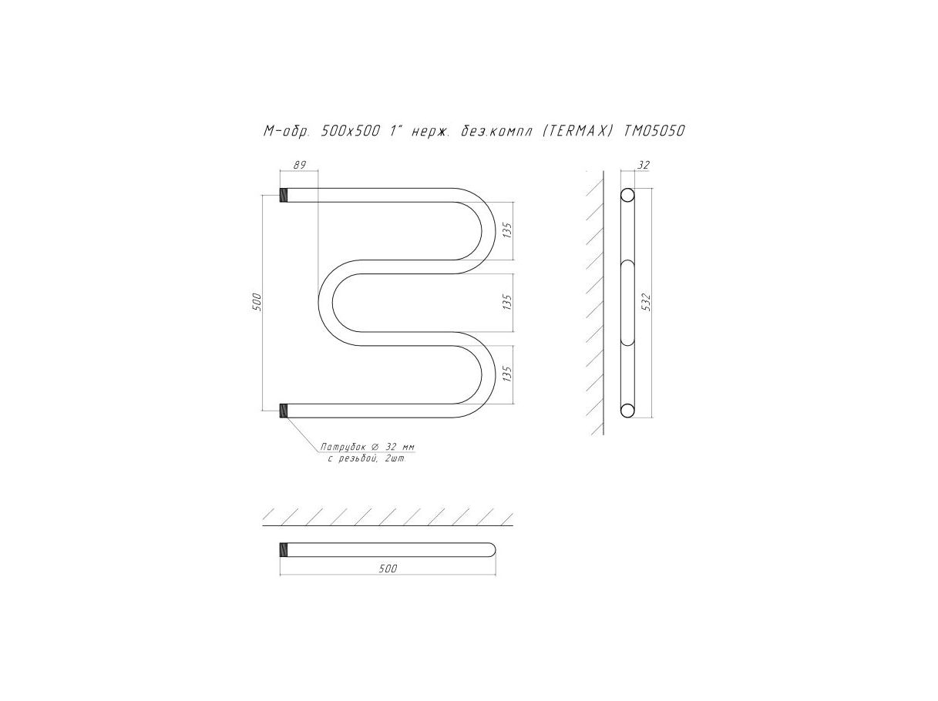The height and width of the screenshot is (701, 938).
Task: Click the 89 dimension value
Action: pyautogui.click(x=300, y=165)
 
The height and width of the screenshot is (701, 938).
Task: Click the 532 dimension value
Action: pyautogui.click(x=647, y=302)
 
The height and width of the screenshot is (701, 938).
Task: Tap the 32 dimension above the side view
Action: pyautogui.click(x=643, y=165)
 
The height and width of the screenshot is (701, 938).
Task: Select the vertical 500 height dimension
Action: pyautogui.click(x=257, y=302)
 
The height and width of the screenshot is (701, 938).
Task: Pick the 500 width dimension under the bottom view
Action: pyautogui.click(x=388, y=569)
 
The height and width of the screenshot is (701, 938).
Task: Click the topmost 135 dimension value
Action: pyautogui.click(x=507, y=230)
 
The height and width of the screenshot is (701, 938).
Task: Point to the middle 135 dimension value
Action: pyautogui.click(x=507, y=302)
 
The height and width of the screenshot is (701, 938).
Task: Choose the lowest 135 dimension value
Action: pyautogui.click(x=507, y=374)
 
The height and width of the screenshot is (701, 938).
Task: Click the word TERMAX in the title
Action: pyautogui.click(x=575, y=131)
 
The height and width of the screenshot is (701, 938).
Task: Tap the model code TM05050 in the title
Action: pyautogui.click(x=654, y=131)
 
